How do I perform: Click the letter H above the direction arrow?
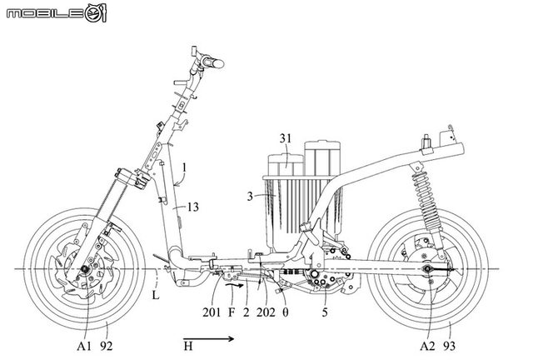(189, 342)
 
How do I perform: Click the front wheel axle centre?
(85, 272)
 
